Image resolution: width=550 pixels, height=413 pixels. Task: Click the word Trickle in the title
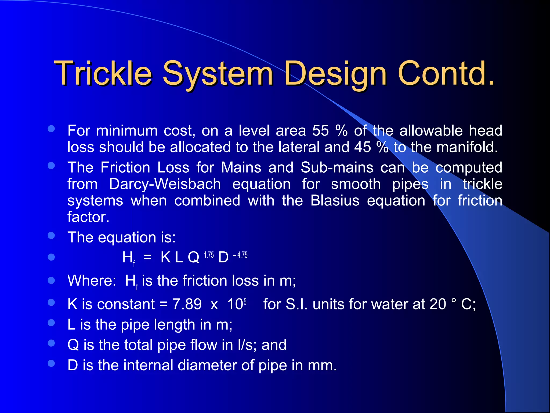(x=103, y=73)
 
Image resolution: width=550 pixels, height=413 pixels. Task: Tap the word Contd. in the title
(x=446, y=73)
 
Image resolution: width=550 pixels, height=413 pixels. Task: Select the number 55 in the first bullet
(x=320, y=131)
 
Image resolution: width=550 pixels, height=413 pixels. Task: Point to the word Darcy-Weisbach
(x=165, y=184)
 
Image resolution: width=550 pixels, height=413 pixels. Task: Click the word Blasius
(x=335, y=201)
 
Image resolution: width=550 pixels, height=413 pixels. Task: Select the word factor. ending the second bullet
(x=88, y=217)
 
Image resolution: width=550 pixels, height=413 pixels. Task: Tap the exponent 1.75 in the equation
(x=209, y=255)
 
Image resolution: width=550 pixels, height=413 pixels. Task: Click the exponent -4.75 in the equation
(x=240, y=255)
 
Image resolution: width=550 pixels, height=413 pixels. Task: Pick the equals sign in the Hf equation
(x=147, y=258)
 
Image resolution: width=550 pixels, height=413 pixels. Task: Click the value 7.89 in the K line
(x=187, y=304)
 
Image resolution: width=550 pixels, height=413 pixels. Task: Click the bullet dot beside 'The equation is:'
(x=51, y=236)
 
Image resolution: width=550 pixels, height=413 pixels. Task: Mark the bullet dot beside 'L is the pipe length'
(x=51, y=323)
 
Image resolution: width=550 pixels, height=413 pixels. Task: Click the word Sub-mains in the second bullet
(x=337, y=168)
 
